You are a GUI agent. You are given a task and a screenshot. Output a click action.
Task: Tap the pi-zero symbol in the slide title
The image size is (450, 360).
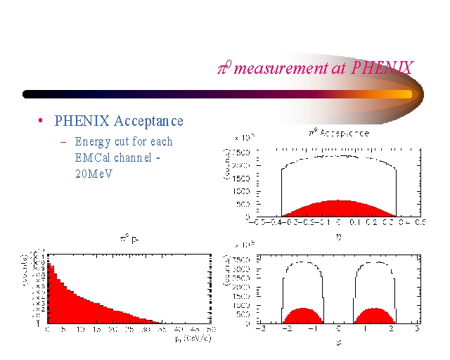224,67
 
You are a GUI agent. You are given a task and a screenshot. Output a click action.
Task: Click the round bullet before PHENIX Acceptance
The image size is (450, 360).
41,121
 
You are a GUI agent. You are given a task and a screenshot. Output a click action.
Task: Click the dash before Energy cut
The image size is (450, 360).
63,141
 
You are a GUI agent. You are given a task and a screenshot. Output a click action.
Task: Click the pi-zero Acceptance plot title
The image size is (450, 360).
338,132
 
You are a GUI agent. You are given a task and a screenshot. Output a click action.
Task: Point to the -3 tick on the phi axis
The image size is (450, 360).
259,329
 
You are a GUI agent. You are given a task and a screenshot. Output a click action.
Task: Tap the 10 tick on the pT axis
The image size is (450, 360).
79,330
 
